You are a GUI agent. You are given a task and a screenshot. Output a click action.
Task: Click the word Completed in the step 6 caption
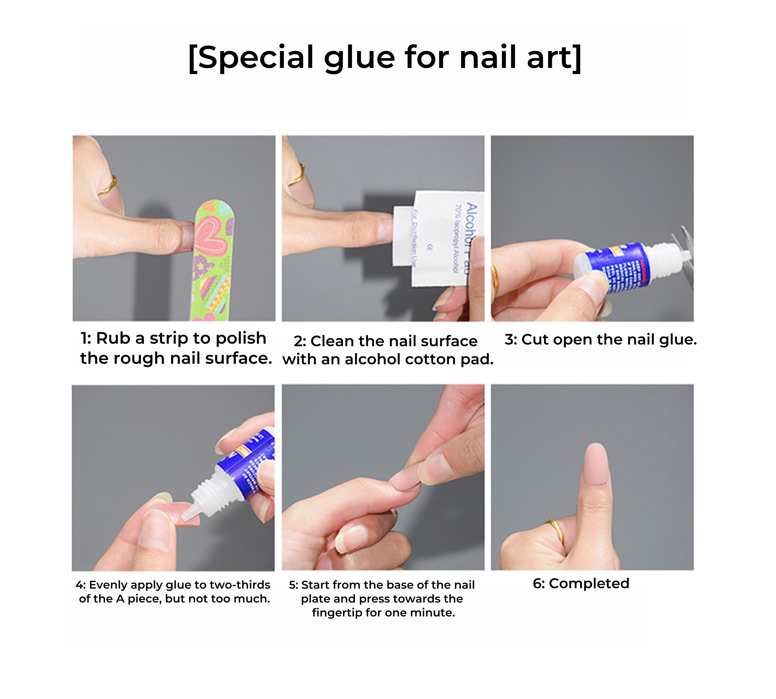point(589,583)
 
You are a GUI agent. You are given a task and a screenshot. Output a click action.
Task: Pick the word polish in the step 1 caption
point(241,338)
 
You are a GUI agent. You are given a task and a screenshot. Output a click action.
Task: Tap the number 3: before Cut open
point(511,340)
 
